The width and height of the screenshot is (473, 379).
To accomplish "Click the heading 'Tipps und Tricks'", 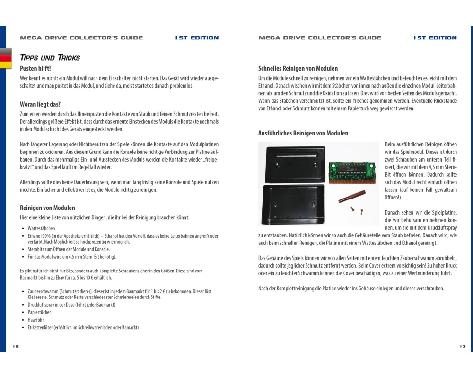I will coord(50,58).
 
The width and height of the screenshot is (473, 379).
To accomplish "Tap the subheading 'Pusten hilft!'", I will coord(35,69).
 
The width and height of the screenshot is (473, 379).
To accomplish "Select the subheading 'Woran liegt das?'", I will coord(40,104).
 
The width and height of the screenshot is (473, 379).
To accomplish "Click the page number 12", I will coord(16,346).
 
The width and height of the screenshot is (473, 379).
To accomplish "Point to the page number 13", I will coord(463,346).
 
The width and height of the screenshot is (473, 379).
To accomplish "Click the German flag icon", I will coord(6,58).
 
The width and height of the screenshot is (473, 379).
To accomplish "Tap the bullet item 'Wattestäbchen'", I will coord(41,228).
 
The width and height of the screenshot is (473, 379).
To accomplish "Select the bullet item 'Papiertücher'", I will coord(39,312).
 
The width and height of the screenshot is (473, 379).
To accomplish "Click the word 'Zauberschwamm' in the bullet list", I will coord(42,291).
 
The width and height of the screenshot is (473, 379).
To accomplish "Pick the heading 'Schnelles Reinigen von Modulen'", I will coord(298,69).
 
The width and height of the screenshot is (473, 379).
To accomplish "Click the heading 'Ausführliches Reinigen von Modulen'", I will coord(303,133).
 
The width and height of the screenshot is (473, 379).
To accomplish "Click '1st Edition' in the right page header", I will coord(435,38).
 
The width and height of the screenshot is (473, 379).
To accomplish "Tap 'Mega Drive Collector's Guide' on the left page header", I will coord(81,38).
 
